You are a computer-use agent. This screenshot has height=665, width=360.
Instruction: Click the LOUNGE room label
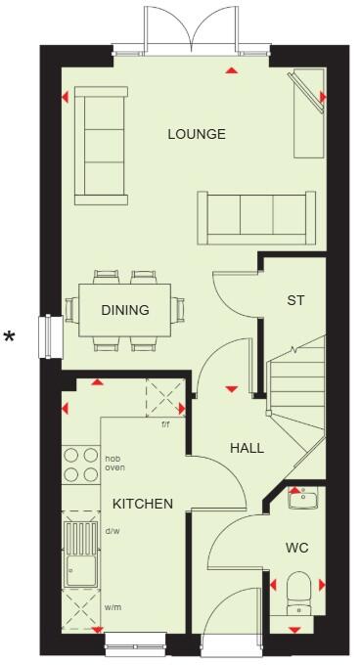coord(196,134)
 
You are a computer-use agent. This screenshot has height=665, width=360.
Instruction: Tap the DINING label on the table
coord(125,311)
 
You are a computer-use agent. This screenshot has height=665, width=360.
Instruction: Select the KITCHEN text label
coord(142,505)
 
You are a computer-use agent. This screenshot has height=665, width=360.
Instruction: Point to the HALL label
coord(247,448)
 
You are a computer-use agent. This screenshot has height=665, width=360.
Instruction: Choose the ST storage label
coord(295,300)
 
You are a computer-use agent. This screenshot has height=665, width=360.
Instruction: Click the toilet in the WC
coord(300,593)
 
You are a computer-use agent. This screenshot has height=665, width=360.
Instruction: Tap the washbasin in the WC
coord(303,501)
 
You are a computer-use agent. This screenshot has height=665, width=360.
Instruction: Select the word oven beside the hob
coord(114,468)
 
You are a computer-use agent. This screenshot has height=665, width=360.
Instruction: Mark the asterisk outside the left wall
coord(10,338)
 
